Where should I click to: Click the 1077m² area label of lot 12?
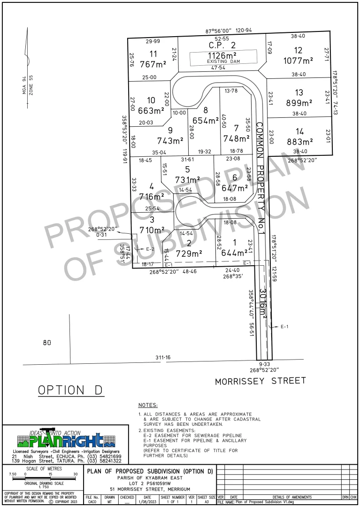pos(299,61)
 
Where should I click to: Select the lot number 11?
pos(153,54)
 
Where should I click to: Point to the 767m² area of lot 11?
pos(153,64)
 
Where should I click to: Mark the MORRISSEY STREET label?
pos(260,381)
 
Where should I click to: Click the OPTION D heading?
pos(71,390)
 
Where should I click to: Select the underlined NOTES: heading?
pos(148,405)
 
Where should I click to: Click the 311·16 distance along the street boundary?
pos(163,358)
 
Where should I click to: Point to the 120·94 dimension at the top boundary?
pos(244,31)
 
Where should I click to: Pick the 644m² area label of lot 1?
pos(234,253)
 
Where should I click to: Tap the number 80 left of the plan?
pos(46,343)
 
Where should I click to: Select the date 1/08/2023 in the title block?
pos(147,502)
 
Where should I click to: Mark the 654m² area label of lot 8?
pos(206,121)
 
